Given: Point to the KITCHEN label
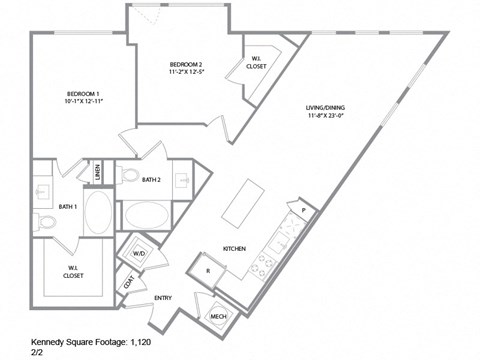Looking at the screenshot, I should pos(234,249).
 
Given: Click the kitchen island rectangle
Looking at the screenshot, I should pos(237,204).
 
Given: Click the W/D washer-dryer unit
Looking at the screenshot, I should pos(139,254).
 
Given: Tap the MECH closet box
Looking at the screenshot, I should pos(218,316).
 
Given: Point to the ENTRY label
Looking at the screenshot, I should pos(162,298).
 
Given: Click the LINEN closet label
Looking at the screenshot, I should pos(98,175).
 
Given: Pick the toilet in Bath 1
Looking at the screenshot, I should pos(46,222).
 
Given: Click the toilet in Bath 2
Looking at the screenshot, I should pos(130,176).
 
